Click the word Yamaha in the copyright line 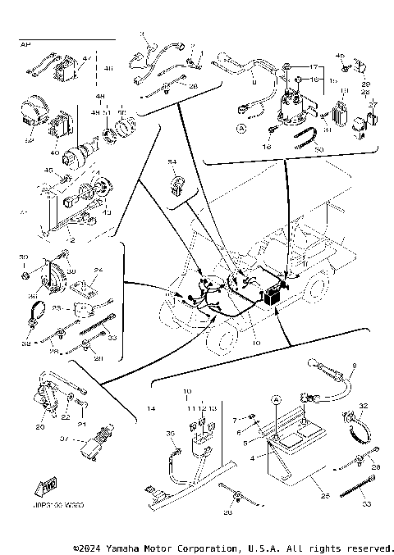point(125,547)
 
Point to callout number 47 point(86,59)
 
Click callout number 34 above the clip point(173,162)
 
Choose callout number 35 point(172,434)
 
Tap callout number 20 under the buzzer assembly point(39,426)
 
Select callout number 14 point(150,407)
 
